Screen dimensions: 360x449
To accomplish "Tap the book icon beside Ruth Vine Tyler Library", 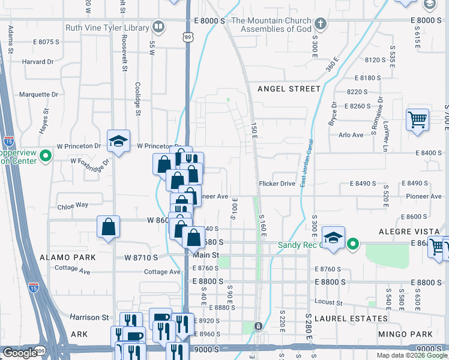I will pyautogui.click(x=158, y=26).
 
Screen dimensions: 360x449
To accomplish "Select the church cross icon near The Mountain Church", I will pyautogui.click(x=321, y=24).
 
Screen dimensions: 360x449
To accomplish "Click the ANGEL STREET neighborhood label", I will pyautogui.click(x=289, y=89).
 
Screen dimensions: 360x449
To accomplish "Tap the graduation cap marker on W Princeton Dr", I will pyautogui.click(x=119, y=141).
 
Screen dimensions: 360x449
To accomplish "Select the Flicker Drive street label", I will pyautogui.click(x=277, y=183).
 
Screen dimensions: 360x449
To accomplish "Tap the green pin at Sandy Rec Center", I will pyautogui.click(x=354, y=244).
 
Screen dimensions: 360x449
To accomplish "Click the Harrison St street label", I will pyautogui.click(x=89, y=317).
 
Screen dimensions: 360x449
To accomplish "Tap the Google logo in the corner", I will pyautogui.click(x=19, y=353).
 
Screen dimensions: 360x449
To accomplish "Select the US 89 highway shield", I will pyautogui.click(x=188, y=37).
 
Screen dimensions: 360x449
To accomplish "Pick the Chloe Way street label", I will pyautogui.click(x=73, y=205).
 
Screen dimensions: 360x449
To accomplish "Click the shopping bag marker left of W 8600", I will pyautogui.click(x=108, y=227).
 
